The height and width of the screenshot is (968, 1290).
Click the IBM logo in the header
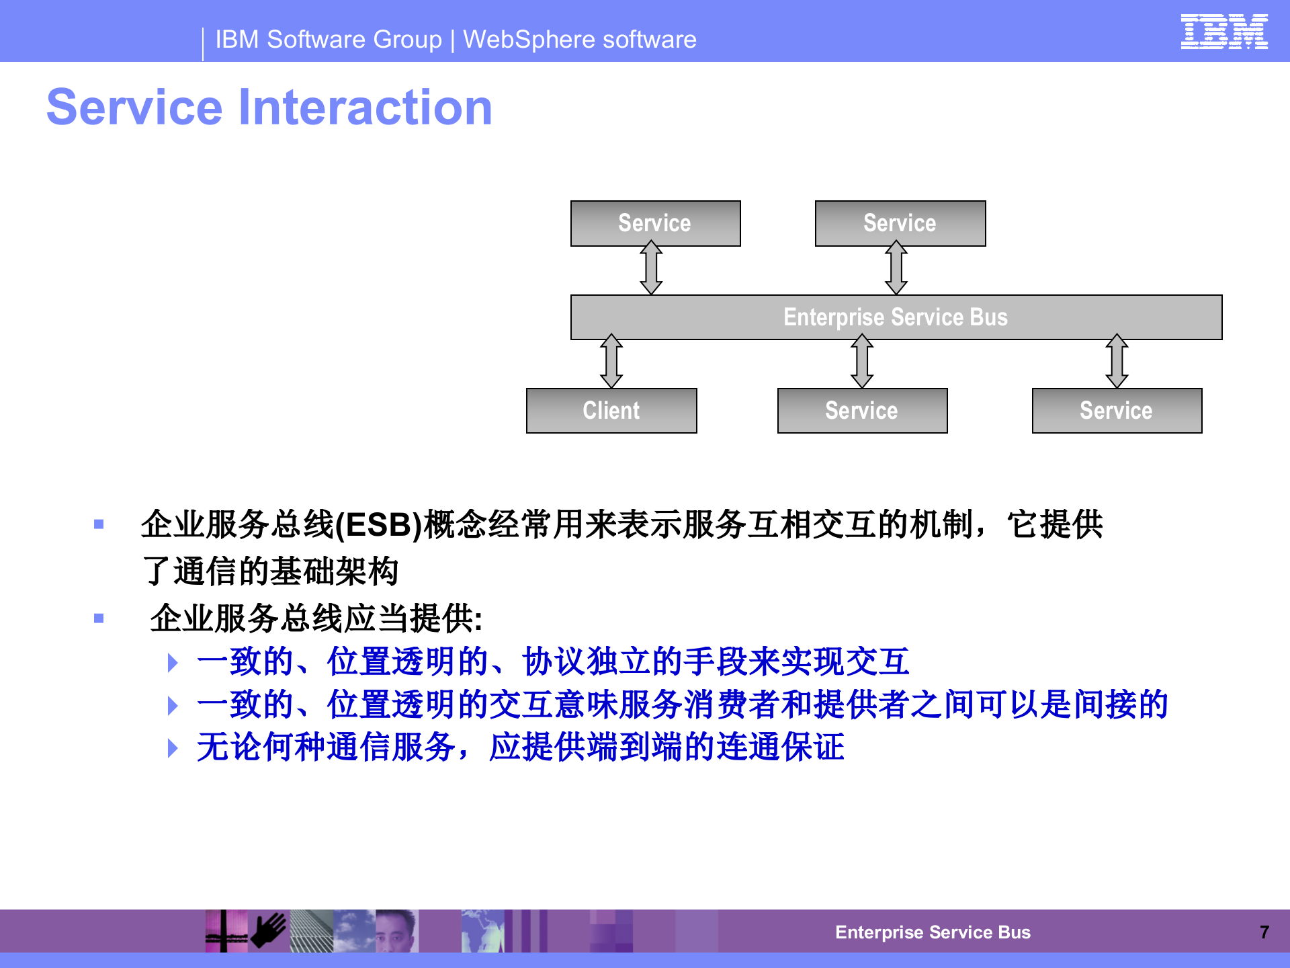tap(1223, 32)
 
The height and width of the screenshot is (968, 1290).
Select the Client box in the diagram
tap(611, 411)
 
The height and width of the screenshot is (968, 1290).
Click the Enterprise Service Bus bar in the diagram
tap(896, 317)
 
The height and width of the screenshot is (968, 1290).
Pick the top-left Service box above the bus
tap(655, 223)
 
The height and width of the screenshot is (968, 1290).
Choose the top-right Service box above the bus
tap(900, 223)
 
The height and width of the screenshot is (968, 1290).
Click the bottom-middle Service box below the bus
tap(862, 411)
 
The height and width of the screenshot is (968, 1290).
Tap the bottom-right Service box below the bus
tap(1116, 411)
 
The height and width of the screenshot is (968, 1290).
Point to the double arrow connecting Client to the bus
tap(611, 361)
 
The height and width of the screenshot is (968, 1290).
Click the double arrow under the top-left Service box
tap(651, 268)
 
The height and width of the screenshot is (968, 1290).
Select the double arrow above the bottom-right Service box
tap(1117, 361)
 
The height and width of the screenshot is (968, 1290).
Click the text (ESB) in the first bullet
tap(378, 525)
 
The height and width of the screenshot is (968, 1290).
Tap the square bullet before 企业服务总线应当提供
tap(99, 618)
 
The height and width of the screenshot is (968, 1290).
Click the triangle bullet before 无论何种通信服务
tap(173, 748)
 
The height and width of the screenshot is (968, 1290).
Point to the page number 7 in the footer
tap(1264, 932)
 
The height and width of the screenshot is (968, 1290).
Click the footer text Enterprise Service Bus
tap(933, 932)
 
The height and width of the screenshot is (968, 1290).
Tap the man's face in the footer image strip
tap(396, 932)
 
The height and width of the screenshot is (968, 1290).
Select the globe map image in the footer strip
tap(482, 931)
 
